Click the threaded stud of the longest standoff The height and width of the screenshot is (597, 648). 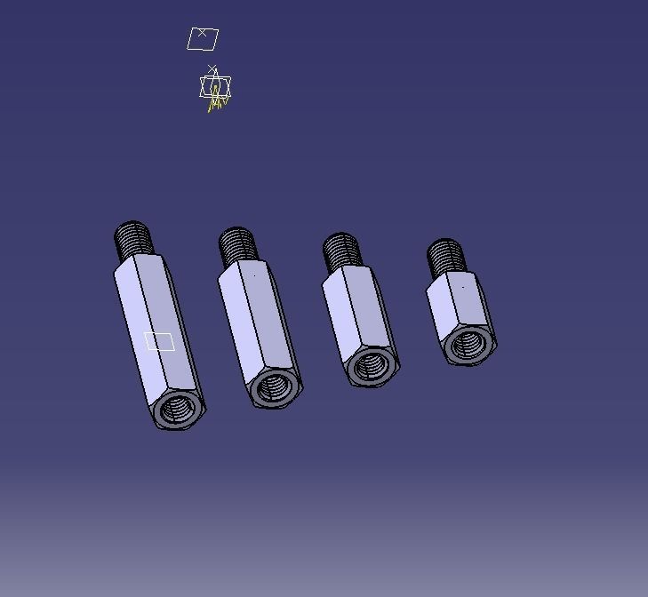click(133, 241)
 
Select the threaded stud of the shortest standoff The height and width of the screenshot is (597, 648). click(444, 258)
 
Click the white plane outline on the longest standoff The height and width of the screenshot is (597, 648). click(159, 341)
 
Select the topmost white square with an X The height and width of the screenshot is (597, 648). click(203, 38)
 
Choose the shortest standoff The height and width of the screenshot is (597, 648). click(459, 306)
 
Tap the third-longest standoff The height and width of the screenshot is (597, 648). click(356, 315)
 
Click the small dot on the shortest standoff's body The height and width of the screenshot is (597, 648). click(463, 287)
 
